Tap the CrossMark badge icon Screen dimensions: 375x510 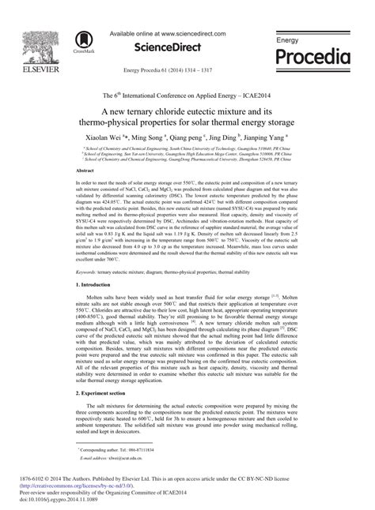point(80,42)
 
